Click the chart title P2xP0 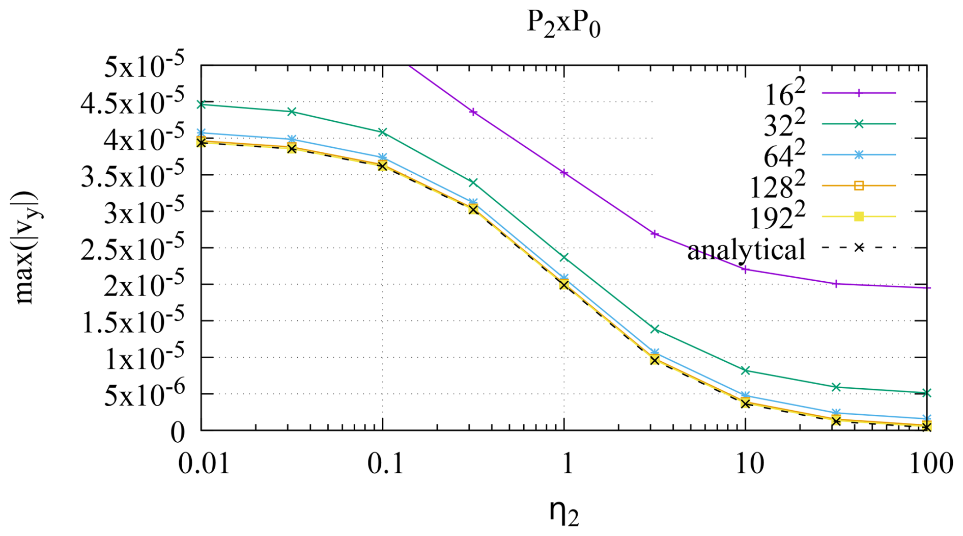[x=563, y=24]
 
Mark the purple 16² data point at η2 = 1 [x=564, y=173]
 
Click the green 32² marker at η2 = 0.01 [x=202, y=104]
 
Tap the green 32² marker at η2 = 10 [x=746, y=370]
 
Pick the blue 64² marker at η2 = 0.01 [x=202, y=133]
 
